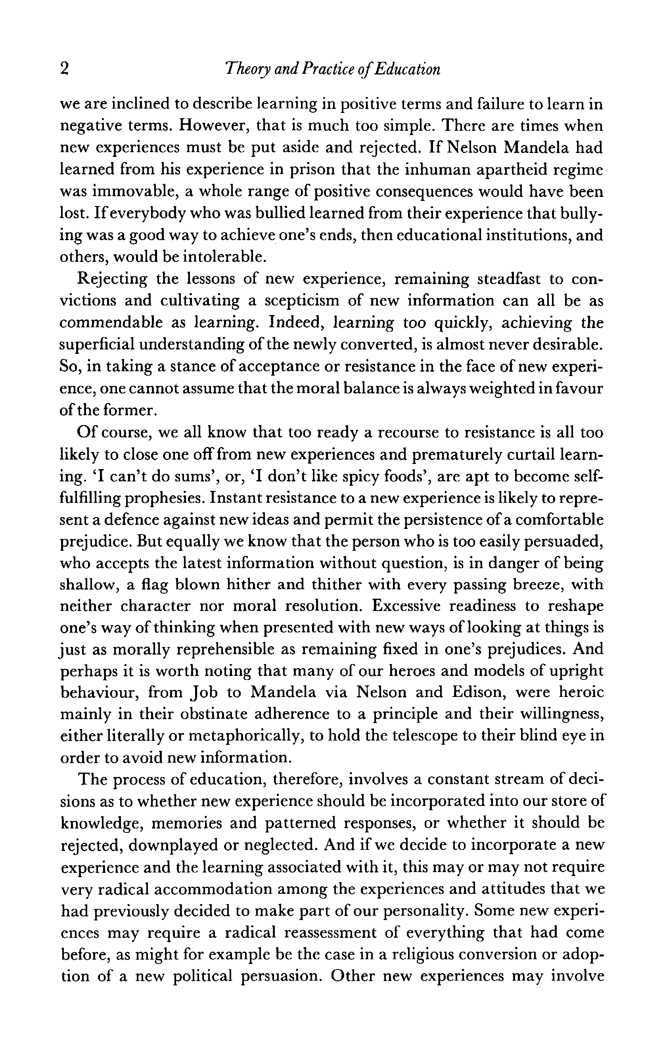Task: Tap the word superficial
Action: [98, 344]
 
